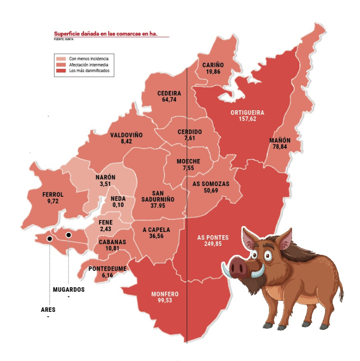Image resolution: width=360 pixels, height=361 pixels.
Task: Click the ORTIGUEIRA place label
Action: tap(247, 112)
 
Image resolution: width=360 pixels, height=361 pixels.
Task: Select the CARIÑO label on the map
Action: tap(213, 65)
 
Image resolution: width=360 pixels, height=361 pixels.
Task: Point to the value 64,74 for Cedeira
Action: tap(169, 100)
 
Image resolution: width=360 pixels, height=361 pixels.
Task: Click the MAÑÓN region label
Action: tap(280, 140)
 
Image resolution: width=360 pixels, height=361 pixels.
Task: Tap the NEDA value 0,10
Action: tap(117, 205)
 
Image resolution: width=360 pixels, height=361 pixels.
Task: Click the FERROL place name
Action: tap(53, 195)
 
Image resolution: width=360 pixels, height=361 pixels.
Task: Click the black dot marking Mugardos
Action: tap(68, 235)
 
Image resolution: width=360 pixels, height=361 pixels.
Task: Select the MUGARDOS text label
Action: tap(68, 290)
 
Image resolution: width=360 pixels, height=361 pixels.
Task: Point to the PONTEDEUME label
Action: tap(108, 268)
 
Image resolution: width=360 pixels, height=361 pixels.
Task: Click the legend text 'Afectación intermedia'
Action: tap(86, 65)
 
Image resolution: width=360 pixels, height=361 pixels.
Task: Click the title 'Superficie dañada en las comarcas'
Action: tap(105, 34)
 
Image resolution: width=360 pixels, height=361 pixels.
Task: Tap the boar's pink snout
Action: tap(238, 266)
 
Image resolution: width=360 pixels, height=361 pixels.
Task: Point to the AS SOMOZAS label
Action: tap(211, 184)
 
